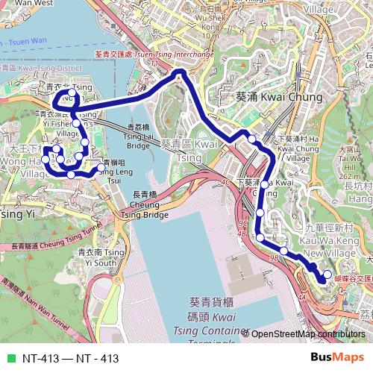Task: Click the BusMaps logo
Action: click(337, 357)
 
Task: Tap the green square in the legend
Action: click(10, 358)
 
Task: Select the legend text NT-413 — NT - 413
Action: click(71, 358)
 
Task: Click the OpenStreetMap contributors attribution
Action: click(307, 334)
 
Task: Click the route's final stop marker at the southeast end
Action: click(327, 275)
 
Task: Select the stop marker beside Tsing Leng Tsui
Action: click(101, 167)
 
